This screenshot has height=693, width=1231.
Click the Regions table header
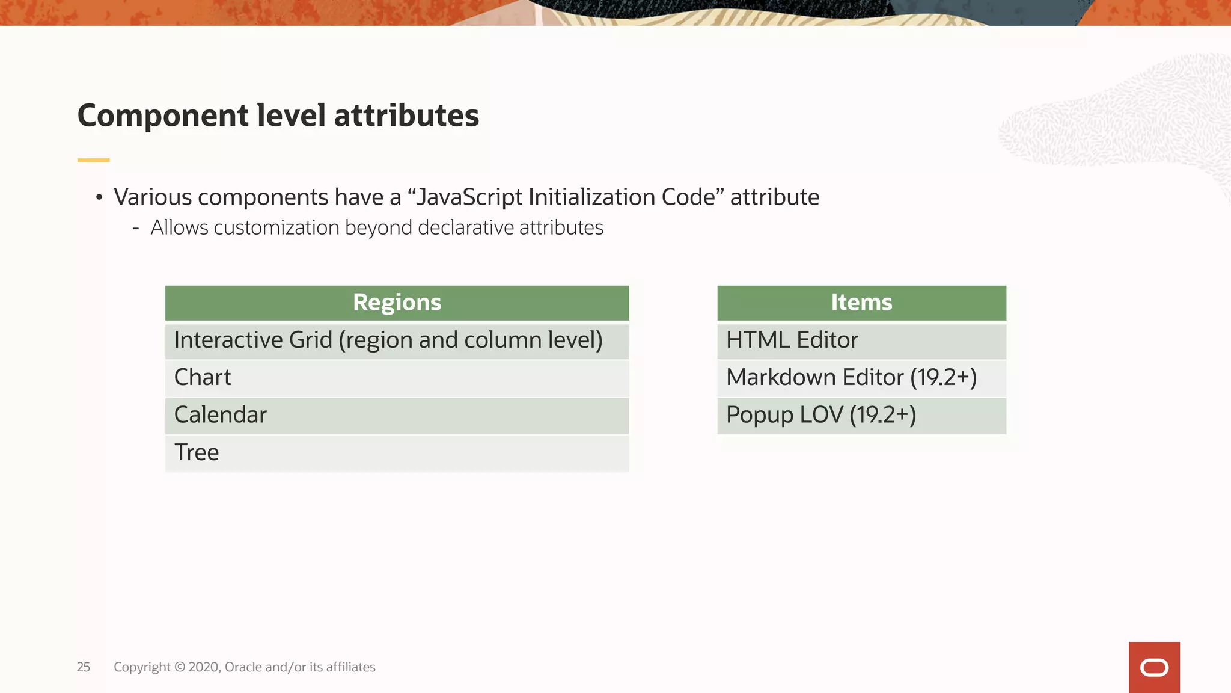(x=397, y=303)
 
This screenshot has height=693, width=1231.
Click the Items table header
(x=861, y=303)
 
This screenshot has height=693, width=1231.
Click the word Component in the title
(x=162, y=115)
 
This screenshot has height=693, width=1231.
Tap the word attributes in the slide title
(x=406, y=115)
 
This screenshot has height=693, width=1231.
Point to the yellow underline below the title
(x=93, y=160)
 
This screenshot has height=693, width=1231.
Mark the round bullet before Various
(x=99, y=197)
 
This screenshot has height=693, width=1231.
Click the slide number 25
(x=83, y=667)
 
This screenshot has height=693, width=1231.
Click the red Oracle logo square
(x=1154, y=667)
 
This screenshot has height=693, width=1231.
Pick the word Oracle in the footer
(x=243, y=667)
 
